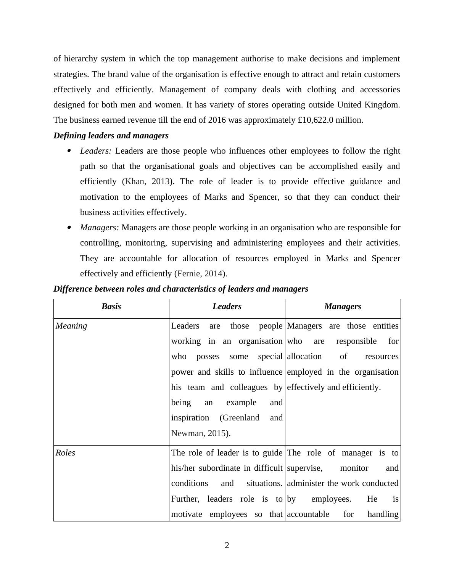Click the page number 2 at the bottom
(227, 545)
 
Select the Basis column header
(111, 306)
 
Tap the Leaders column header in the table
(227, 306)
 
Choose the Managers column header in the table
(343, 306)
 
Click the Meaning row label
(71, 326)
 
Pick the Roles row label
(65, 453)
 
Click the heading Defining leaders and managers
(111, 136)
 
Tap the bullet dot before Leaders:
(69, 151)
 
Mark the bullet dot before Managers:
(69, 228)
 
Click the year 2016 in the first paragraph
(217, 120)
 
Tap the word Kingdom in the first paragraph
(382, 104)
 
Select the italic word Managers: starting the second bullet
(100, 228)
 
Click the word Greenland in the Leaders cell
(241, 418)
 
